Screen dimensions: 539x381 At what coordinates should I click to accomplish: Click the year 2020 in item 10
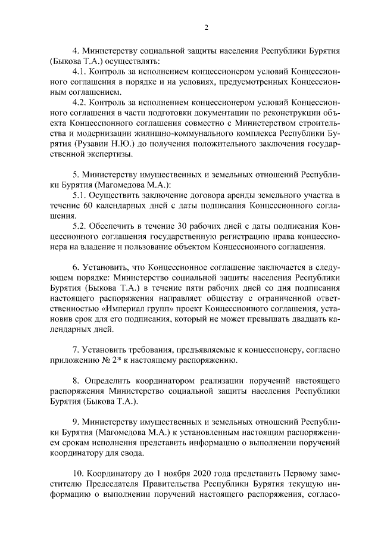coord(186,473)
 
